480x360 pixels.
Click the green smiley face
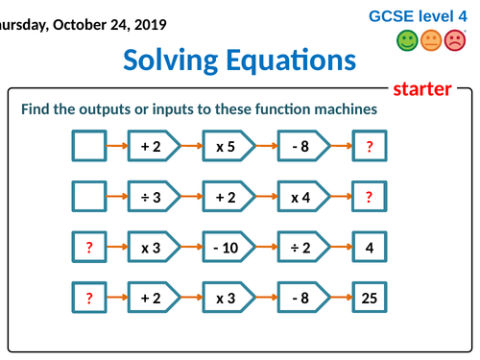coord(407,41)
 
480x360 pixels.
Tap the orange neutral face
coord(431,41)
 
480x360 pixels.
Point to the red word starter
coord(422,89)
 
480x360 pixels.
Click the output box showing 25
coord(369,298)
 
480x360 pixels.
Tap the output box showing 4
coord(369,248)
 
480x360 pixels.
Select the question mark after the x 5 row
coord(369,147)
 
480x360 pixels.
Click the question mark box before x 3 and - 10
coord(89,248)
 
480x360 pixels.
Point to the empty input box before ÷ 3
coord(89,197)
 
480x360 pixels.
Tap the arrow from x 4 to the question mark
coord(341,197)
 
